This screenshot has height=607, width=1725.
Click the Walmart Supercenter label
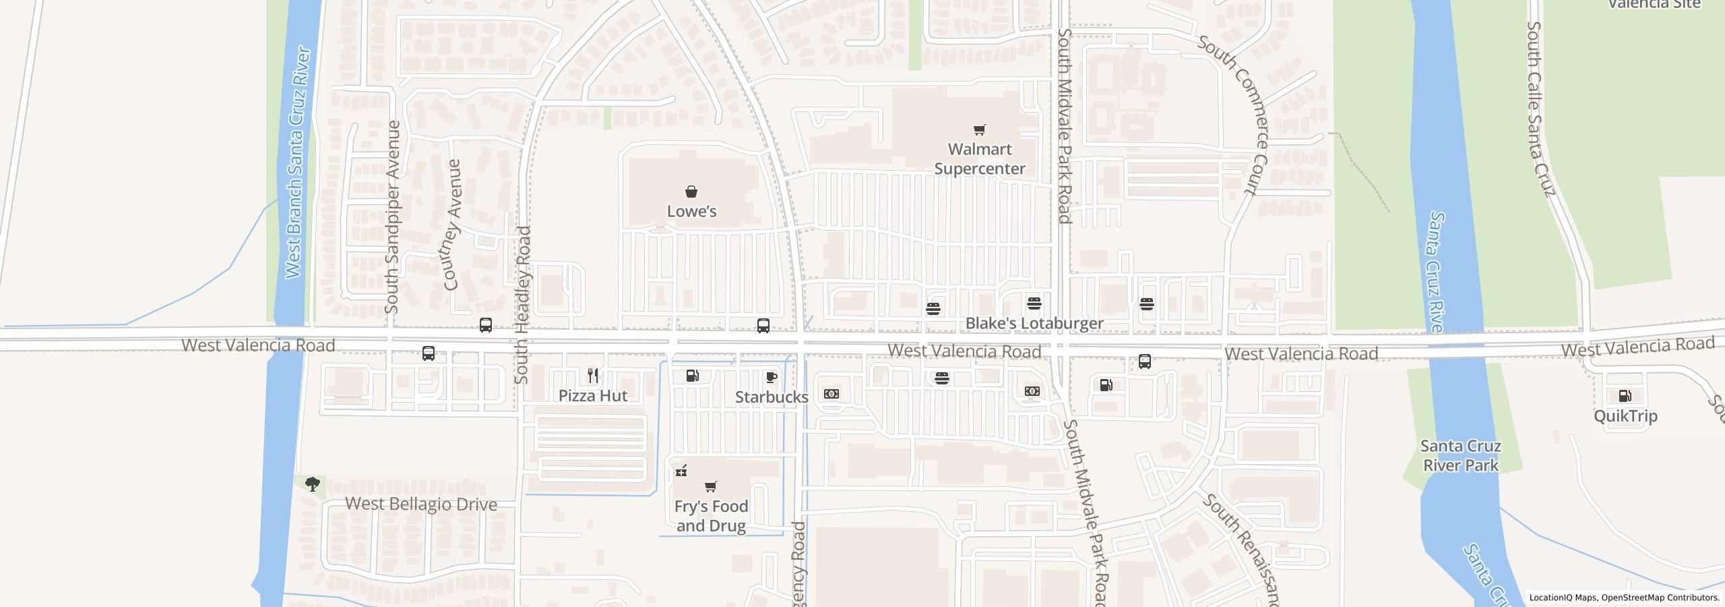pos(980,158)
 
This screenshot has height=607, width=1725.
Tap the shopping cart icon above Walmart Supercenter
pos(980,129)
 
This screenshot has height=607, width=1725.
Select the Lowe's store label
pos(691,211)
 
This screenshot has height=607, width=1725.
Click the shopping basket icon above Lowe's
pos(691,192)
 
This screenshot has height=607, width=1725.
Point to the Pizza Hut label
pos(593,396)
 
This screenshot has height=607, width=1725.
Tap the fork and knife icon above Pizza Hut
pos(593,376)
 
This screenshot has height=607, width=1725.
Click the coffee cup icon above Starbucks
pos(772,377)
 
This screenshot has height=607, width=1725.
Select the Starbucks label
pos(772,397)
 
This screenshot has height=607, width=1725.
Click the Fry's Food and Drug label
pos(711,516)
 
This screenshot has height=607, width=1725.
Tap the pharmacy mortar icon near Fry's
pos(681,471)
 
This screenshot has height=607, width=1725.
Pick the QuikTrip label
pos(1625,416)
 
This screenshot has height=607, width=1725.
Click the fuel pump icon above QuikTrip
pos(1625,396)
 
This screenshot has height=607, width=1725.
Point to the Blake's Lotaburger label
pos(1034,324)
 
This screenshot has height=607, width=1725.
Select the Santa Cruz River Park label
pos(1460,456)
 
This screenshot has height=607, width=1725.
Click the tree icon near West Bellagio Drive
pos(312,484)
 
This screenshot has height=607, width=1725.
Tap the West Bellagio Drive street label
pos(421,504)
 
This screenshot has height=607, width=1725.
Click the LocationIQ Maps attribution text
pos(1624,598)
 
